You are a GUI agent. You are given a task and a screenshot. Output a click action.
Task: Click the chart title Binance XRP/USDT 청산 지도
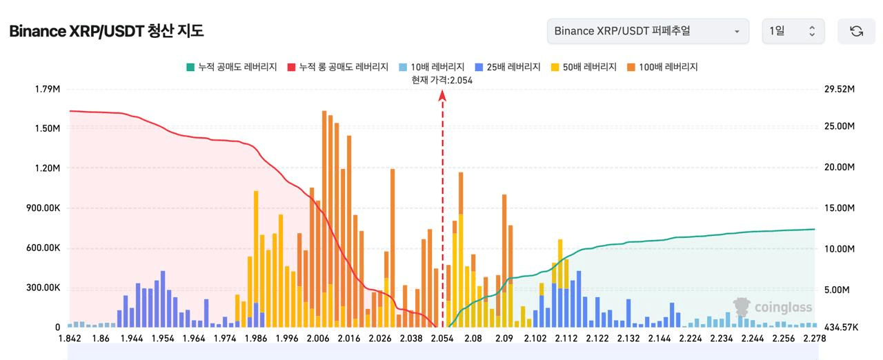click(106, 32)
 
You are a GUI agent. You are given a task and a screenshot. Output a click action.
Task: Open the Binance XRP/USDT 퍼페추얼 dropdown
click(647, 31)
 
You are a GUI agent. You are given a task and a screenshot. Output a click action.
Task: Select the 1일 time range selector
click(793, 31)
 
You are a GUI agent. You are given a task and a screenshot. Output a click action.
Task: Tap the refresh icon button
click(856, 31)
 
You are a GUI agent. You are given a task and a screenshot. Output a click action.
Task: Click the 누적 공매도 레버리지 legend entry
click(231, 67)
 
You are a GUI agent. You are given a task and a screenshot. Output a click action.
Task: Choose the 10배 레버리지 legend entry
click(431, 67)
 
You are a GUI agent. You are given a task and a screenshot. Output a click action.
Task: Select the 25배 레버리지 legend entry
click(508, 67)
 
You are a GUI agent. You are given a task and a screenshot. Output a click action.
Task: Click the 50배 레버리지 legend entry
click(584, 67)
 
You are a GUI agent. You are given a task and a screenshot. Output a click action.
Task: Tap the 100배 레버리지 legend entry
click(663, 67)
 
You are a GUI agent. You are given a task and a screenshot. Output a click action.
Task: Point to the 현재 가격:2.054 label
click(442, 80)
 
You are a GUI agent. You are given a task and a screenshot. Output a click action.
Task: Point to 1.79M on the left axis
click(48, 90)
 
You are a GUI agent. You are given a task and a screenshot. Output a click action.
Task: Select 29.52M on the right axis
click(840, 90)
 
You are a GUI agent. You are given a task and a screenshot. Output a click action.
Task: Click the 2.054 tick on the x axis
click(442, 339)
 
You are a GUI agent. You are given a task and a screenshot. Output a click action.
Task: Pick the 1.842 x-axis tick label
click(70, 339)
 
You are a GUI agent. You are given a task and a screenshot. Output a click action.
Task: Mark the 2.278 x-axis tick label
click(815, 339)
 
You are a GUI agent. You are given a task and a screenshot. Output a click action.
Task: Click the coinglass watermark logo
click(773, 307)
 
